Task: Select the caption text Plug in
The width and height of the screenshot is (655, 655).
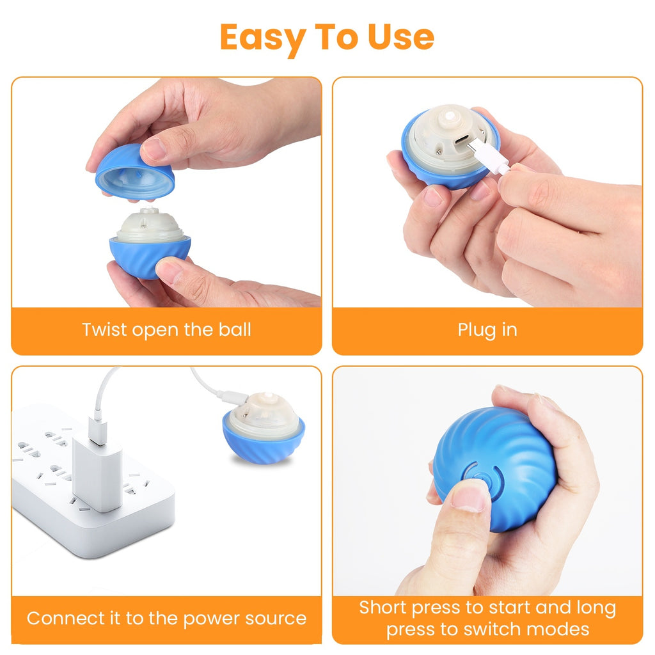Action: [x=487, y=330]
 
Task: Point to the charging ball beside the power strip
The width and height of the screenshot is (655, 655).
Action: [x=264, y=427]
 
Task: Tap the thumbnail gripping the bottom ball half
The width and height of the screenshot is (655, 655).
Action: [x=170, y=270]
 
